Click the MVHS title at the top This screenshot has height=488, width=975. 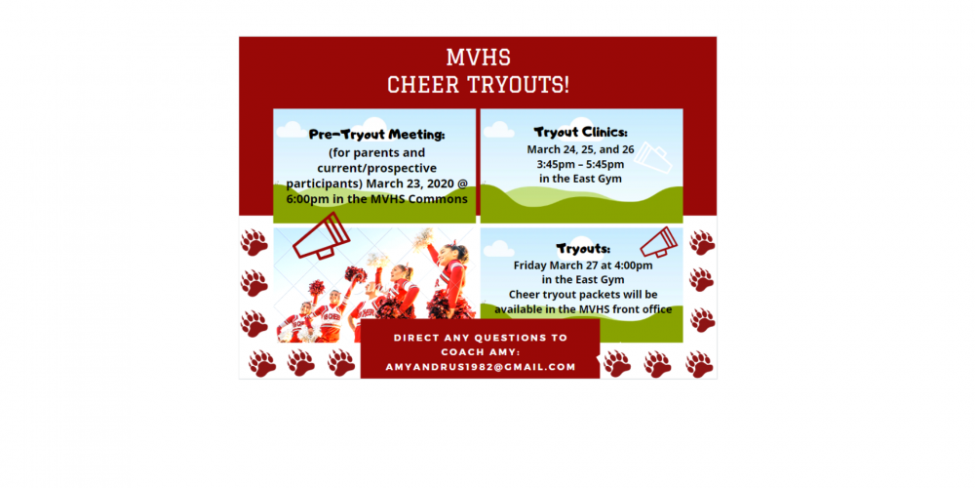(x=478, y=58)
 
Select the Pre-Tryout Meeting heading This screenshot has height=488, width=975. (x=376, y=135)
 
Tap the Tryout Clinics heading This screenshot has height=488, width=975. (x=581, y=132)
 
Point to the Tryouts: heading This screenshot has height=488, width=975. (x=583, y=249)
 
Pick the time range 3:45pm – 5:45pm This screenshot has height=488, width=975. (x=580, y=165)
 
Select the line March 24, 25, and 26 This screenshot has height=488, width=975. (x=580, y=149)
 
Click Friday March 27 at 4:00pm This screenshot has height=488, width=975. (x=583, y=265)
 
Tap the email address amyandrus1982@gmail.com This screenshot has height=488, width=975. (x=480, y=367)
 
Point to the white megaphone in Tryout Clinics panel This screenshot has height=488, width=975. (x=653, y=158)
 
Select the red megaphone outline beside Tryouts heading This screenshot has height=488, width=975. (x=658, y=242)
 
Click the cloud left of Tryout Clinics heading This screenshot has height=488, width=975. (x=498, y=130)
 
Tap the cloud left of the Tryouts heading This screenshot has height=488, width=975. (x=498, y=249)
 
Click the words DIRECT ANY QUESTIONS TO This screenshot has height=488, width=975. (x=480, y=338)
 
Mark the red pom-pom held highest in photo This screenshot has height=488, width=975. (x=356, y=274)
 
